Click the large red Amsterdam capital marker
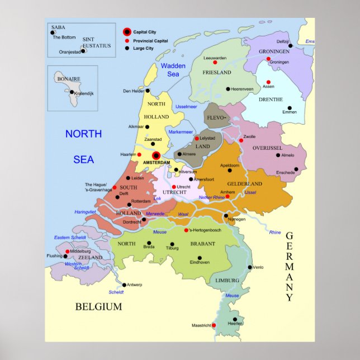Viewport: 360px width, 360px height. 157,155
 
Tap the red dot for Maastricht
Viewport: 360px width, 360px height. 214,325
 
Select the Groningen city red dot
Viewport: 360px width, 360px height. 269,59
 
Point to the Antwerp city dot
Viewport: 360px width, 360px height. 124,285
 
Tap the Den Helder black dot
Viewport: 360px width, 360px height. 148,91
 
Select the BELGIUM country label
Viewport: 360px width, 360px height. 98,306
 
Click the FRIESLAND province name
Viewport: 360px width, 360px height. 217,73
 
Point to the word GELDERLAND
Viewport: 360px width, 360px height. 244,184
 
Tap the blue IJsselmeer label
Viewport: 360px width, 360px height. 186,106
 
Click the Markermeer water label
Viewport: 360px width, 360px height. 181,132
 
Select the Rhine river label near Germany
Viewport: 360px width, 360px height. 274,232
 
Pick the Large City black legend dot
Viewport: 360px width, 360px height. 127,49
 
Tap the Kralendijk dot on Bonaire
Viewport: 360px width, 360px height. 72,92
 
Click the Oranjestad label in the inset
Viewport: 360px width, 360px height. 70,51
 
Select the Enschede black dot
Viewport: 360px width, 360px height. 296,168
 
